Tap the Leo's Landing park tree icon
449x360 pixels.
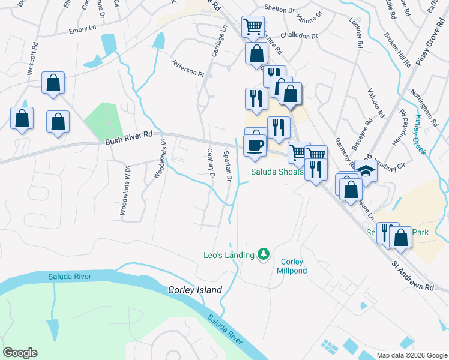pyautogui.click(x=263, y=254)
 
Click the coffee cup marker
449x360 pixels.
pyautogui.click(x=255, y=145)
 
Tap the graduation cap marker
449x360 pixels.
pyautogui.click(x=366, y=170)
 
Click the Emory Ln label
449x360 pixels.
pyautogui.click(x=82, y=29)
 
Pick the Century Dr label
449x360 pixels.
pyautogui.click(x=211, y=164)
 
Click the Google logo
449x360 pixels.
pyautogui.click(x=20, y=353)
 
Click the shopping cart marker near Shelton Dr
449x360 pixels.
pyautogui.click(x=253, y=26)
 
